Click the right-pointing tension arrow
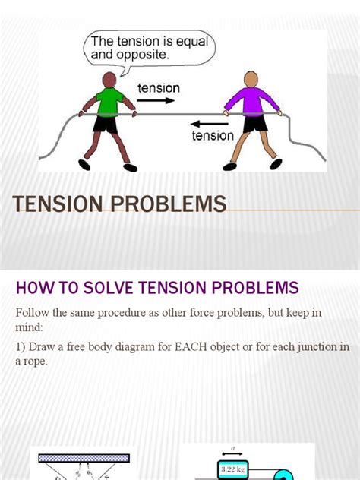tap(158, 101)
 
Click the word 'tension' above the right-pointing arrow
tap(158, 87)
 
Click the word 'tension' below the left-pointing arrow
tap(213, 136)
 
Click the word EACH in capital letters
tap(196, 347)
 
